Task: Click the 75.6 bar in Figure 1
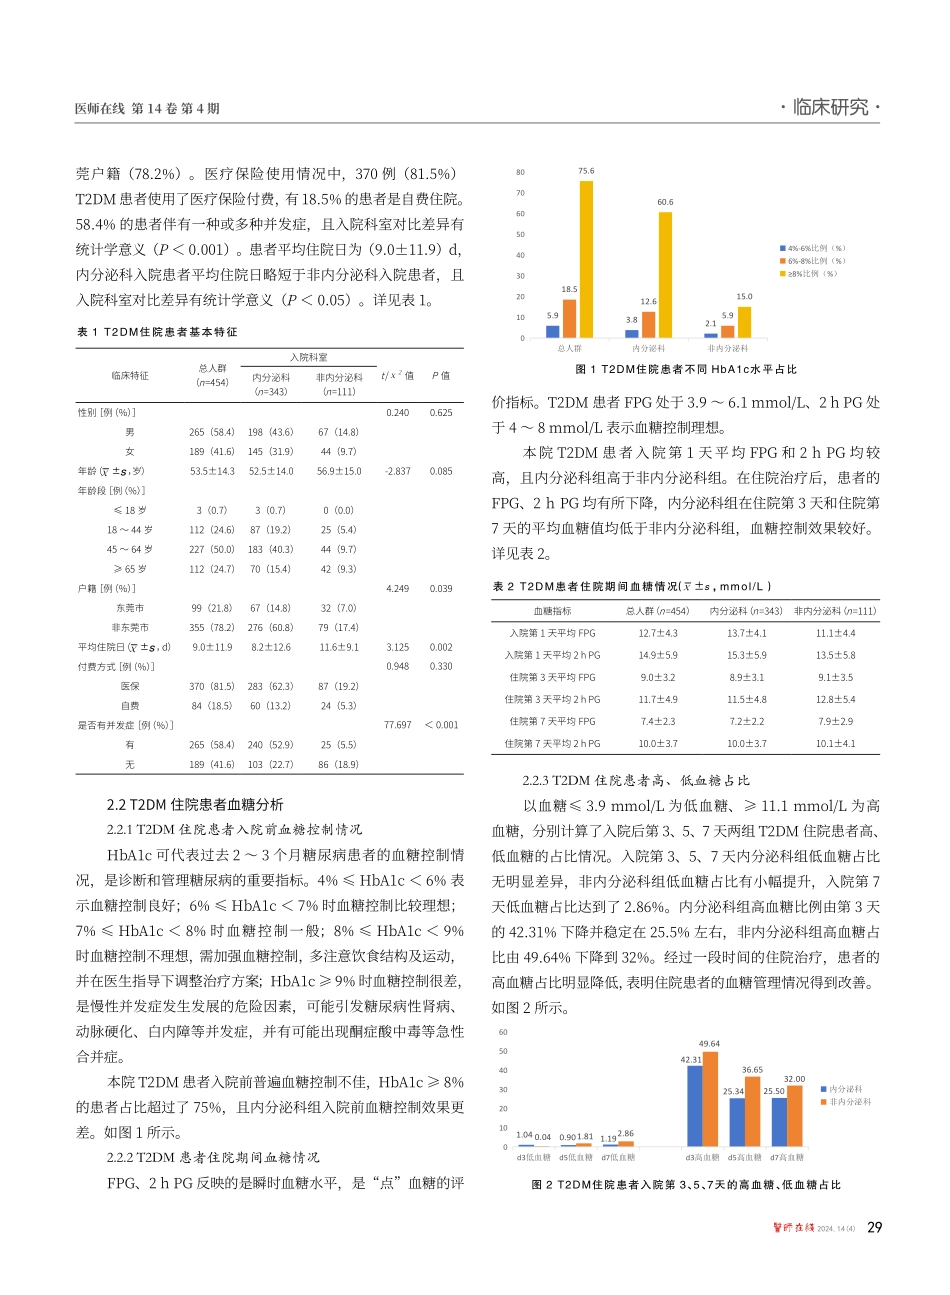586,258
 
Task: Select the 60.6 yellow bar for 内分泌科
665,274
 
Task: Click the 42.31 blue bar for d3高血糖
694,1105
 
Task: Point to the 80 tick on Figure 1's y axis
520,172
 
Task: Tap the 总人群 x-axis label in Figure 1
569,348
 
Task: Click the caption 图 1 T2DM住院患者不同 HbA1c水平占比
686,370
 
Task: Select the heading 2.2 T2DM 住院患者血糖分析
194,804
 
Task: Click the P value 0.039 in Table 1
440,589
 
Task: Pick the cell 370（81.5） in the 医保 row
211,686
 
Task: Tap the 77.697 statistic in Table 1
397,725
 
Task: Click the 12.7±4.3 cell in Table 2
657,633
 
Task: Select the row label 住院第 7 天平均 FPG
551,721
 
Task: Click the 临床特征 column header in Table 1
130,376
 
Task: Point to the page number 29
872,1227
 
